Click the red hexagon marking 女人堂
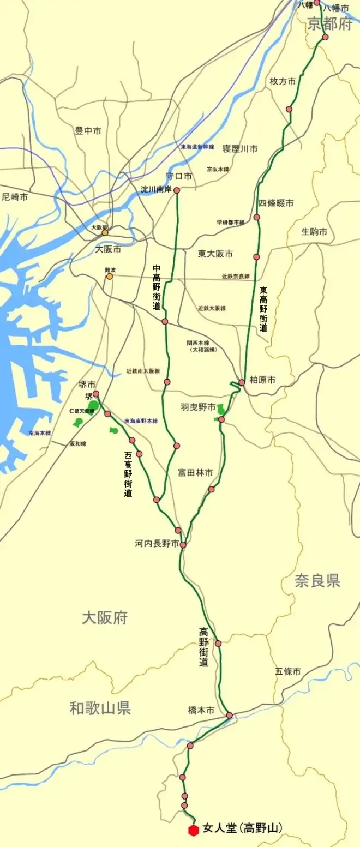[x=193, y=830]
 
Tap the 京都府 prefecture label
[x=330, y=24]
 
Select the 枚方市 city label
[x=283, y=81]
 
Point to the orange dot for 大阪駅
[x=105, y=232]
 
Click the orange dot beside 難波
[x=110, y=277]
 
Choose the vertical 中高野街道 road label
[x=157, y=287]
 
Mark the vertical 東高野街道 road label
[x=263, y=309]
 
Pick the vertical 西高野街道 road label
[x=128, y=474]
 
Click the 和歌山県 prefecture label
[x=100, y=708]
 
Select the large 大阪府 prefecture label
[x=105, y=617]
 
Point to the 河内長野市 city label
[x=157, y=544]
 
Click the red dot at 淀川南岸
[x=177, y=191]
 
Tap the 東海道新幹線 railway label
[x=198, y=147]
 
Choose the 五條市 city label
[x=287, y=671]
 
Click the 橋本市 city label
[x=201, y=710]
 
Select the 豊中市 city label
[x=88, y=131]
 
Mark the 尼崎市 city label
[x=15, y=197]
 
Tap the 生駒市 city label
[x=315, y=232]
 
